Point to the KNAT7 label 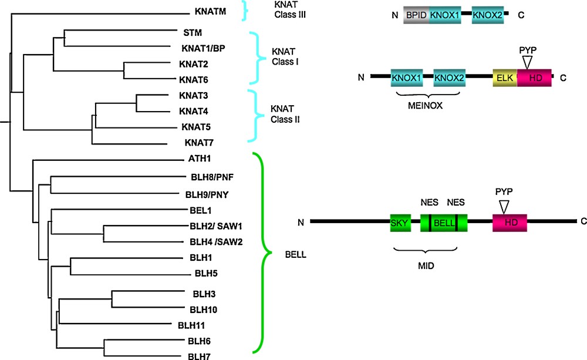point(198,142)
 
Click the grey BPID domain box point(416,15)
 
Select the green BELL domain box point(444,221)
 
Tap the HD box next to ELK point(534,78)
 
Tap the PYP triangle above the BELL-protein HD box point(503,206)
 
